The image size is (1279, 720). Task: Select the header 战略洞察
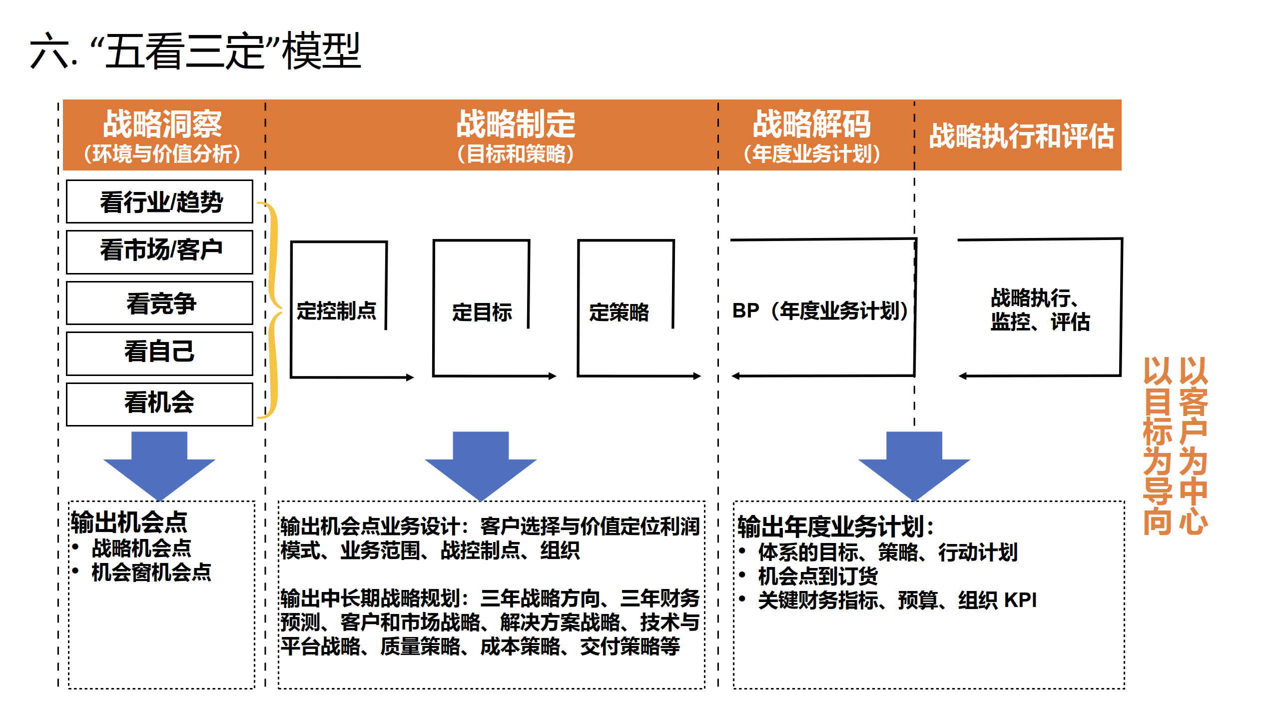point(162,124)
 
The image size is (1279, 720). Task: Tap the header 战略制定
point(516,124)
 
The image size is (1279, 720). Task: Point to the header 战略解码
point(812,124)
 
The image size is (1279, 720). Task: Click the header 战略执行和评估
point(1021,136)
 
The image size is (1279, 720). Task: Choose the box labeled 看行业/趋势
point(160,202)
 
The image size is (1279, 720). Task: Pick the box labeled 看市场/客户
point(160,250)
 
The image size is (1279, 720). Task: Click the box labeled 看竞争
point(160,303)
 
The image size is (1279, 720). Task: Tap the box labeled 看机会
point(160,403)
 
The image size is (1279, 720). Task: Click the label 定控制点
point(336,311)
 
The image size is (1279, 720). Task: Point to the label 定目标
point(482,312)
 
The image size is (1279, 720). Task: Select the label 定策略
point(619,312)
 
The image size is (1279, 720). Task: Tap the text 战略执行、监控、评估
point(1040,310)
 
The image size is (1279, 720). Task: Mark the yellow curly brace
point(272,310)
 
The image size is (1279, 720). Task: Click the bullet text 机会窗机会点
point(151,572)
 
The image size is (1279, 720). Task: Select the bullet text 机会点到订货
point(818,576)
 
